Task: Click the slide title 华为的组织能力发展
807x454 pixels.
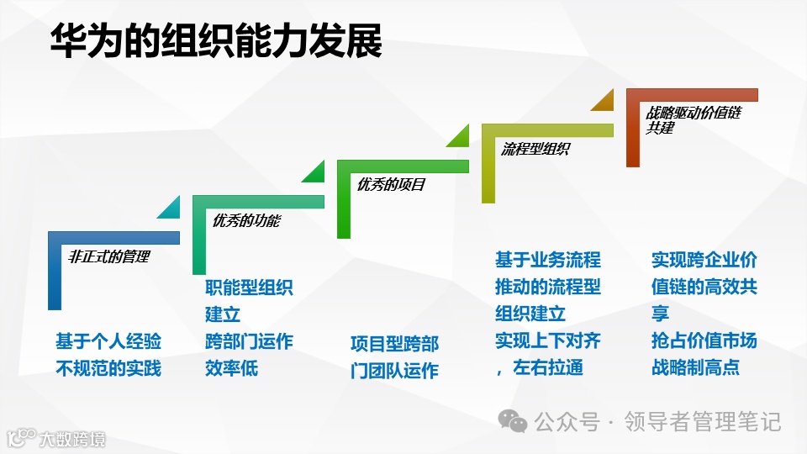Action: (x=215, y=40)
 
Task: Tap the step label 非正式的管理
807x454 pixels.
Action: (x=108, y=256)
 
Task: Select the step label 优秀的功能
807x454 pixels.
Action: (x=246, y=221)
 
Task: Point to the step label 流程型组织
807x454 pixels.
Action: (x=535, y=149)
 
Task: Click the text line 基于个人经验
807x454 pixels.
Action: (x=108, y=341)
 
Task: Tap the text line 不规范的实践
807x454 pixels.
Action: (x=108, y=368)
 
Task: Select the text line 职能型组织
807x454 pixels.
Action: (x=249, y=288)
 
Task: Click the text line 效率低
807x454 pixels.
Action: (x=231, y=368)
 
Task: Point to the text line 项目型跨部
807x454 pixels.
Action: (x=394, y=344)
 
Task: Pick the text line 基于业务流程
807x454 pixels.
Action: (x=548, y=260)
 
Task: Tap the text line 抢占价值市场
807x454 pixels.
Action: (x=704, y=340)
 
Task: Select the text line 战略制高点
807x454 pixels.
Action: (x=695, y=367)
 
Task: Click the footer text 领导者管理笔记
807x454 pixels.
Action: (x=703, y=420)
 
